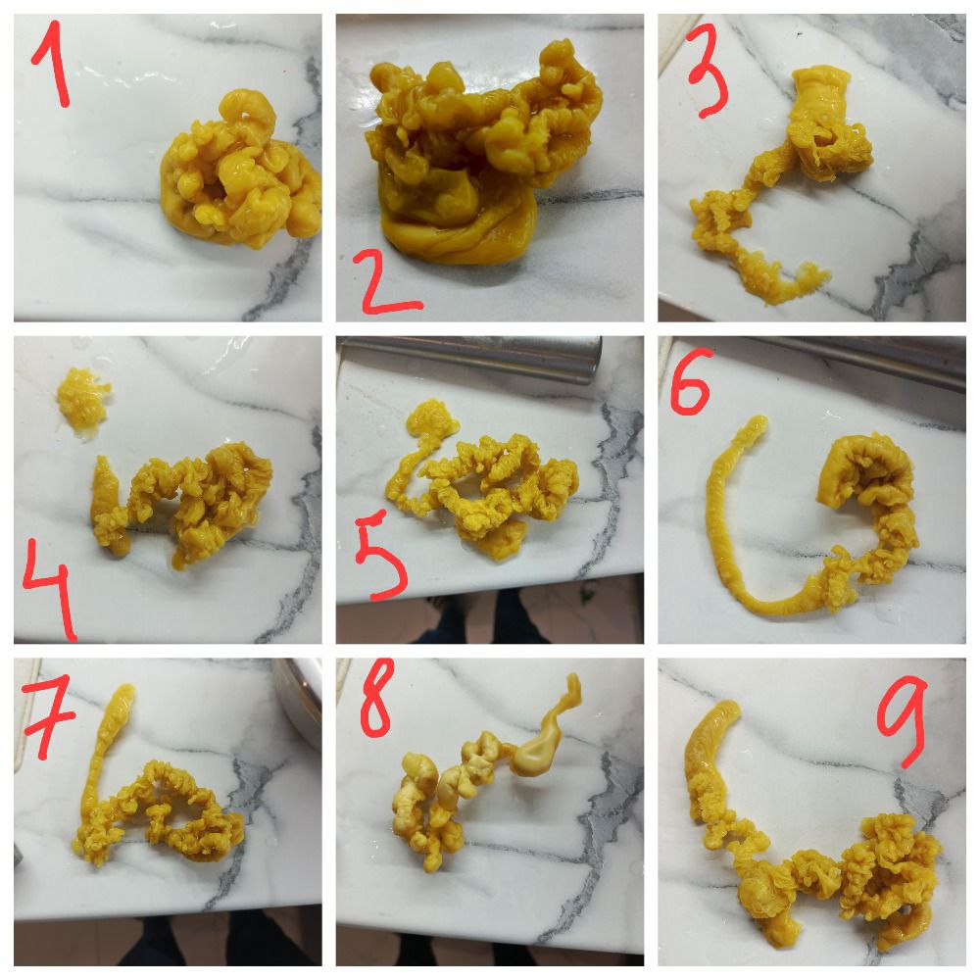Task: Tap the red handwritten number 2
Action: pos(387,281)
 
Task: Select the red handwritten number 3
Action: pos(708,69)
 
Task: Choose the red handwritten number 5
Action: pos(381,560)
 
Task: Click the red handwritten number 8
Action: pos(377,697)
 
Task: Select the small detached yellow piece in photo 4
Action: pos(83,400)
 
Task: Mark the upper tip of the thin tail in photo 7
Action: pos(125,689)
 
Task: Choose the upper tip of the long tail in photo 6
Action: pos(759,420)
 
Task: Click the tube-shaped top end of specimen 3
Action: pos(820,87)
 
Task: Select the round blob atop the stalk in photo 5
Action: pos(431,417)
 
